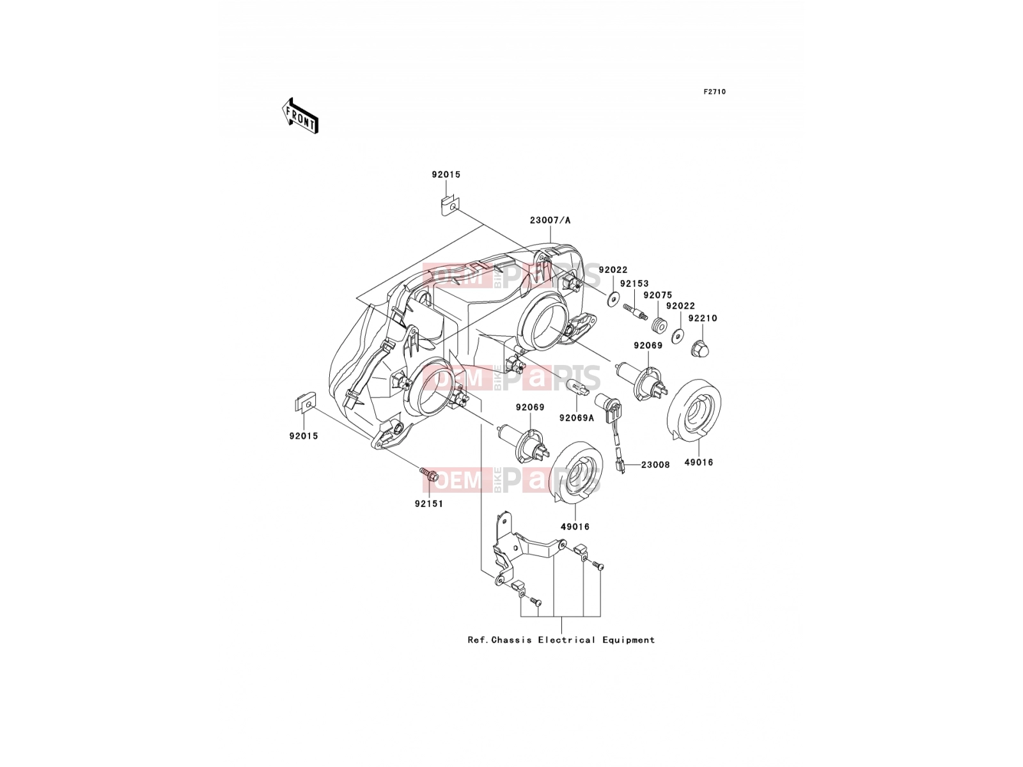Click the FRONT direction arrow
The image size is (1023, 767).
coord(300,116)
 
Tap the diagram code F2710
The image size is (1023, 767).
coord(714,92)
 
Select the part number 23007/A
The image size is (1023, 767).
coord(550,221)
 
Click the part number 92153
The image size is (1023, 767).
coord(634,284)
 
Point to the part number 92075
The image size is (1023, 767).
coord(658,295)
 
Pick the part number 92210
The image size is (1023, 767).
coord(703,318)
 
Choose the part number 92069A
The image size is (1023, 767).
coord(577,418)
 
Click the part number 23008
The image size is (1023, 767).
coord(655,465)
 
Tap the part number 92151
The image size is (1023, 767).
coord(429,504)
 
